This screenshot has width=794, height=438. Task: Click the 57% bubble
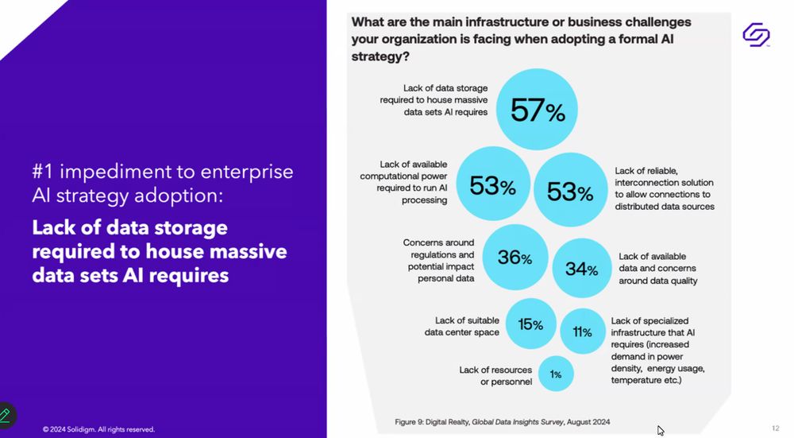(537, 110)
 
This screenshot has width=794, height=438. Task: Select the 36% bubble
(515, 258)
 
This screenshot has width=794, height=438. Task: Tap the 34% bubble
(581, 269)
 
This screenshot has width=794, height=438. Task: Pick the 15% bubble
(530, 324)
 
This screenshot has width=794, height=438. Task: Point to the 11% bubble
(582, 331)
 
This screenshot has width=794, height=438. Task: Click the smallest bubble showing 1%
(556, 374)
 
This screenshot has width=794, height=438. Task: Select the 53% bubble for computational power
(492, 186)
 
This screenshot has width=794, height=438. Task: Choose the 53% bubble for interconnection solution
(570, 191)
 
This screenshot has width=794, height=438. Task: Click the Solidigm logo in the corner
(756, 35)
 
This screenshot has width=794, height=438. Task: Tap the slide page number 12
(775, 427)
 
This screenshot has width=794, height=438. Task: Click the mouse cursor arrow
(661, 430)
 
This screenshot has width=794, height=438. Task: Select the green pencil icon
(6, 415)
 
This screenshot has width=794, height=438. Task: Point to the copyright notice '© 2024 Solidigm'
(98, 429)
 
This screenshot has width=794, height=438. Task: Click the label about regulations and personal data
(438, 260)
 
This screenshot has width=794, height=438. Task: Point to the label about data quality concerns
(658, 268)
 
